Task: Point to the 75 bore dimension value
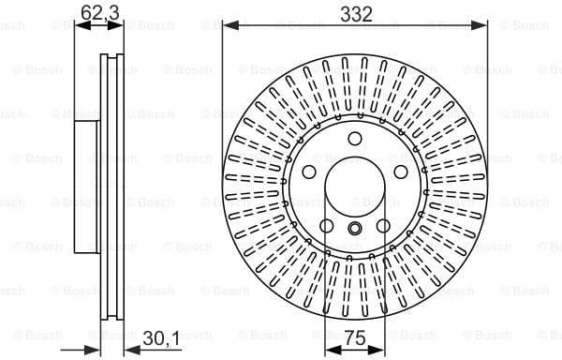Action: point(354,339)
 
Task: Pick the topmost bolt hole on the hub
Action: point(355,140)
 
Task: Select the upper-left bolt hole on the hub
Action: point(308,174)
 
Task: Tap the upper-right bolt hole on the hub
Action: point(402,174)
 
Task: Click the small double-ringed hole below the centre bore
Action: point(355,231)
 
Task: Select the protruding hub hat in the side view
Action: point(85,188)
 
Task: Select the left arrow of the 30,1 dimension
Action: point(93,351)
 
